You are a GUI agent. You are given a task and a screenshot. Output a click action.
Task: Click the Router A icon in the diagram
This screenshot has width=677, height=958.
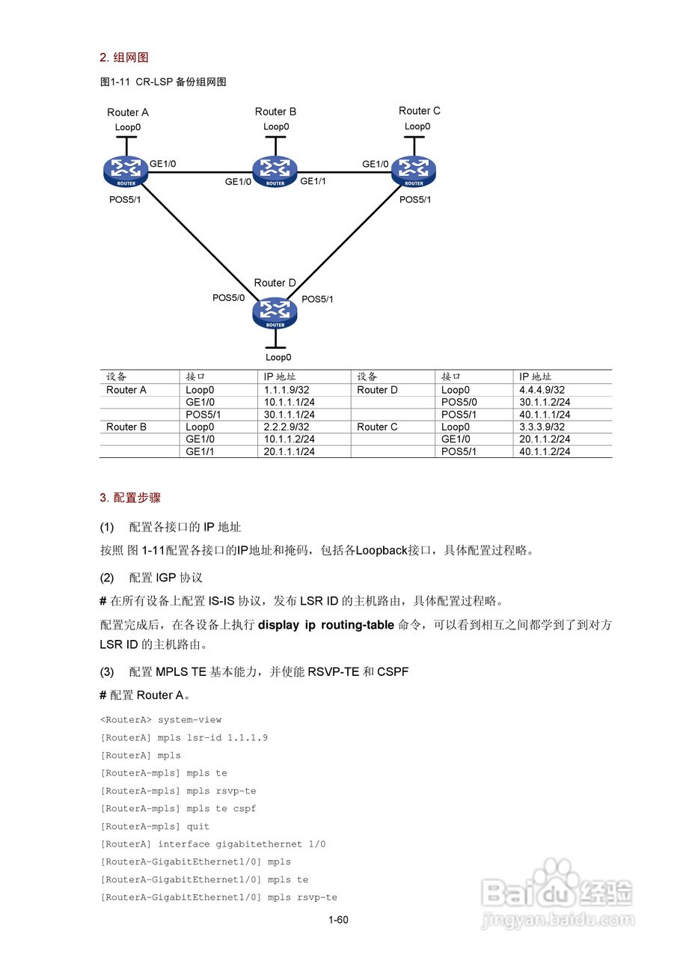click(x=126, y=171)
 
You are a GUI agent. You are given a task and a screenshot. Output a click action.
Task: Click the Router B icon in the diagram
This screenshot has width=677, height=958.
click(x=275, y=171)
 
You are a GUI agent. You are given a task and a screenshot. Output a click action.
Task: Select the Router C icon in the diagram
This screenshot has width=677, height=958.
click(x=414, y=171)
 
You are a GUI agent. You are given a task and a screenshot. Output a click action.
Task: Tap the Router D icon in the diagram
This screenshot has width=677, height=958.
click(x=275, y=312)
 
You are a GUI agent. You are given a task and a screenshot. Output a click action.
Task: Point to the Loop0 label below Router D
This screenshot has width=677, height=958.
click(x=278, y=358)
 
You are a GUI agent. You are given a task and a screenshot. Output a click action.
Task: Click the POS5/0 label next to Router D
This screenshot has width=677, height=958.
click(x=229, y=298)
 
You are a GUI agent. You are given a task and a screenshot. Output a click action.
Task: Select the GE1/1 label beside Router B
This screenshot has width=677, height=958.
click(x=313, y=181)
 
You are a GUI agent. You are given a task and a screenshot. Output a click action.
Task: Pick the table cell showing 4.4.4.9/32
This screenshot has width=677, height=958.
click(x=542, y=390)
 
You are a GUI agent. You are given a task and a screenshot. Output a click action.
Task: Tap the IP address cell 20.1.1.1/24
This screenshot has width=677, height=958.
click(x=289, y=451)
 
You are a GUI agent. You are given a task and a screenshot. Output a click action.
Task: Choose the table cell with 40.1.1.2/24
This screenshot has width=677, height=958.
click(x=545, y=451)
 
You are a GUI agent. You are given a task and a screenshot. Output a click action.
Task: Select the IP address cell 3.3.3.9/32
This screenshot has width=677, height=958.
click(x=542, y=427)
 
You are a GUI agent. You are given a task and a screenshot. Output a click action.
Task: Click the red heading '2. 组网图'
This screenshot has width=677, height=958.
click(x=124, y=58)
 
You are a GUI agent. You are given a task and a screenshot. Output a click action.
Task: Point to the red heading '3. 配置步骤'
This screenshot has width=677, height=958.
click(x=130, y=498)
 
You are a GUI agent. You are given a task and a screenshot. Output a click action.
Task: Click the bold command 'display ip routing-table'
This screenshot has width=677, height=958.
click(x=325, y=625)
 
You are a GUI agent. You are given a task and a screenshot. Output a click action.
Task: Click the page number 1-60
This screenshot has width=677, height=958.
click(x=338, y=920)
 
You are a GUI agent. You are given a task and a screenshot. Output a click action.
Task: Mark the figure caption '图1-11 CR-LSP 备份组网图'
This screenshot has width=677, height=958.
click(x=163, y=82)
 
